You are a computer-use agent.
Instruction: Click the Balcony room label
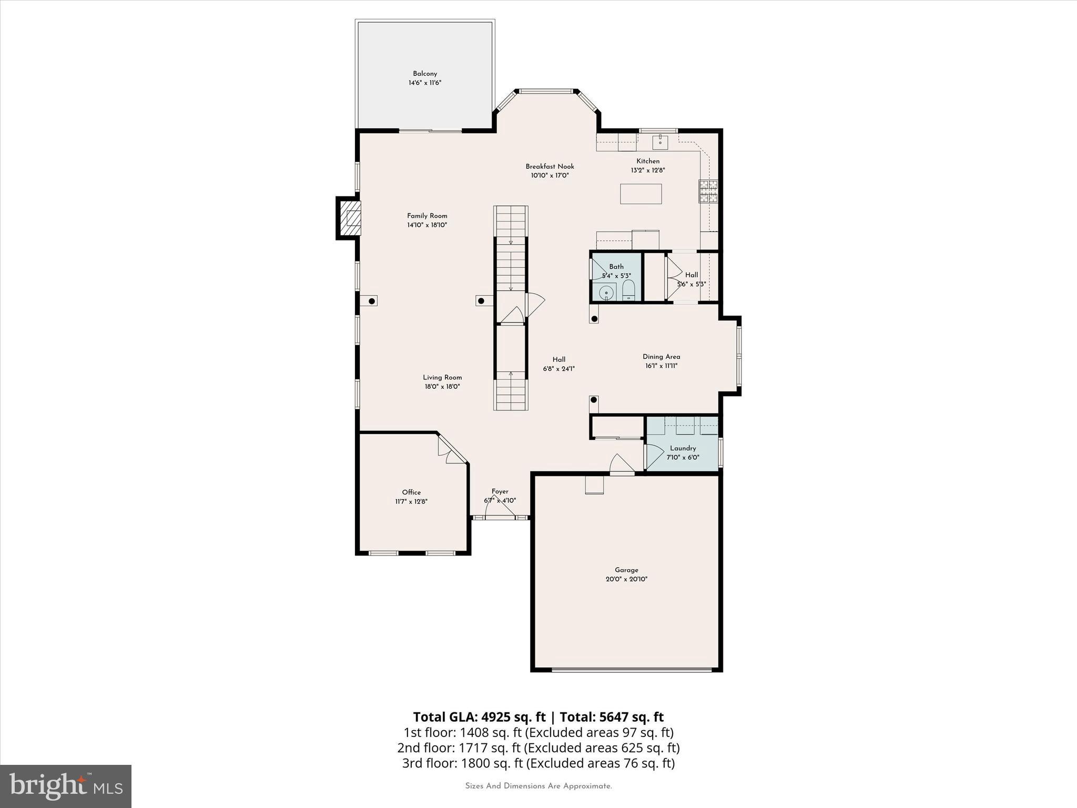[425, 74]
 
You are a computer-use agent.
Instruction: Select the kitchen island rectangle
[641, 194]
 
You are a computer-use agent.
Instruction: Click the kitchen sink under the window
[660, 142]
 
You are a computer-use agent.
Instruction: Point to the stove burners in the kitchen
[708, 191]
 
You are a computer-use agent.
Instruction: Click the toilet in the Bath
[628, 290]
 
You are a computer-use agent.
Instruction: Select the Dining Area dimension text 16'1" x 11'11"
[661, 366]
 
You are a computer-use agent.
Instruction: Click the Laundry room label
[683, 448]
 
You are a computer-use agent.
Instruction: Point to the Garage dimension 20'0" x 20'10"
[626, 579]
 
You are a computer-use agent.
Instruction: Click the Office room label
[411, 492]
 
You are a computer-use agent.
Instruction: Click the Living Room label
[442, 377]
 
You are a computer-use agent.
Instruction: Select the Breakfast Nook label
[550, 166]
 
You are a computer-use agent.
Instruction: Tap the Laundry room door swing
[654, 456]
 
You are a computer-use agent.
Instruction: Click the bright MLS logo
[66, 786]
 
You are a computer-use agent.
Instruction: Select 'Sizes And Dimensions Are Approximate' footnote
[538, 786]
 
